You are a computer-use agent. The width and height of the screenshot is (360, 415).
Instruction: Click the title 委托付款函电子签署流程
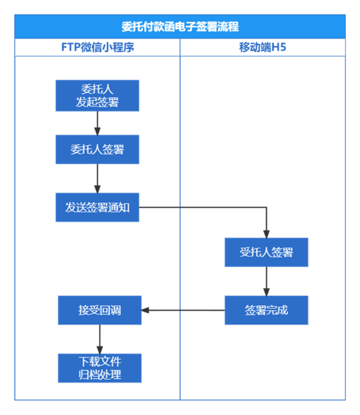coord(180,27)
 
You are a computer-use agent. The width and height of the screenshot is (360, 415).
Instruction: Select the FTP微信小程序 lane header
coord(97,47)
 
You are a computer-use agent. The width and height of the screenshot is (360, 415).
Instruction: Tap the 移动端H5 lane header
coord(262,47)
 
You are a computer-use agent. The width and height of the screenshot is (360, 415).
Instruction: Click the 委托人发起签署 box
coord(97,96)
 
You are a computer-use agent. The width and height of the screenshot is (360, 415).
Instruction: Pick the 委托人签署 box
coord(97,149)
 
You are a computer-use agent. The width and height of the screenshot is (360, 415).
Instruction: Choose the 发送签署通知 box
coord(97,207)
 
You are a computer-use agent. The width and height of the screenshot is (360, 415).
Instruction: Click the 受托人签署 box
coord(266,253)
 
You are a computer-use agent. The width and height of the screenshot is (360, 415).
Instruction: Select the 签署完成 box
coord(266,310)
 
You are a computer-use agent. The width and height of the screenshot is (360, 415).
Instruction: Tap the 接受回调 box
coord(100,310)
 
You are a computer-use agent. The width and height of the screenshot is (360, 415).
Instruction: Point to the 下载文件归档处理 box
coord(100,368)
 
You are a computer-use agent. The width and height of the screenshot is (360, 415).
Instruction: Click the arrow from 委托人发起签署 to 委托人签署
coord(97,123)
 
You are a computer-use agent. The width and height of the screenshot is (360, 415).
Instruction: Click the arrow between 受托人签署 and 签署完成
coord(266,281)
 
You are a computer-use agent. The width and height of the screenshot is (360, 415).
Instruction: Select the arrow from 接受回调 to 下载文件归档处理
coord(100,339)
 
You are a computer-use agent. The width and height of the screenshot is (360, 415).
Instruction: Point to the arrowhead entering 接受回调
coord(146,310)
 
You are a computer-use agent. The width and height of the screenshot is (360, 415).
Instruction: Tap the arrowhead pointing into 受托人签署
coord(266,233)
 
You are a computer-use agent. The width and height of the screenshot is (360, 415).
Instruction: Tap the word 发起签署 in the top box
coord(97,102)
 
